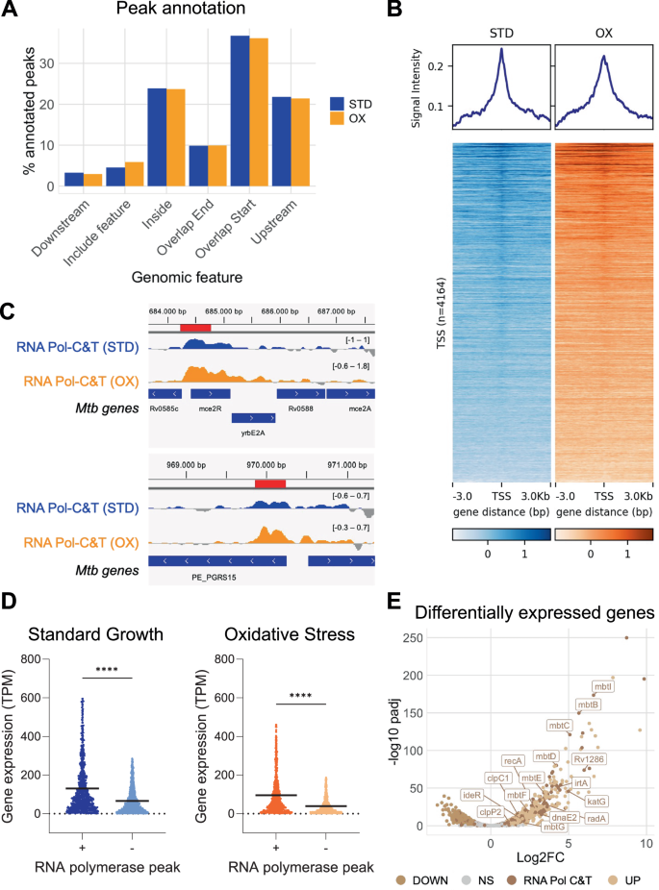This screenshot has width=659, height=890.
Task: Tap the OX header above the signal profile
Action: pos(604,32)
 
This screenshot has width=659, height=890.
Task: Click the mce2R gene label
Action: pos(210,408)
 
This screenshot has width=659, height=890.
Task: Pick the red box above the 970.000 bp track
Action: pos(270,481)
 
